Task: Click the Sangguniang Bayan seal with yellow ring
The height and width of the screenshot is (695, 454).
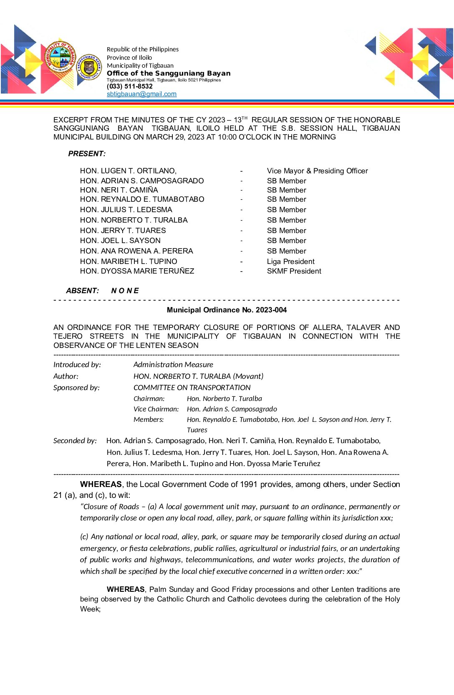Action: [89, 67]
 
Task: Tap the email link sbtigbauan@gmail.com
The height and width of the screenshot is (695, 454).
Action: [141, 94]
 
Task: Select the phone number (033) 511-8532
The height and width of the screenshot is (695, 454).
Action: [130, 86]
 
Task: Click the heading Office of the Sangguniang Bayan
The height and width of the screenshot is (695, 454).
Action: [169, 73]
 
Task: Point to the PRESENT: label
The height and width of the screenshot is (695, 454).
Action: [87, 154]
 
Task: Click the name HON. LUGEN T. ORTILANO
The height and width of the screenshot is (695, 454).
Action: [128, 171]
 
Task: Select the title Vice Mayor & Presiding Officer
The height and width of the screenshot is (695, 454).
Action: [317, 171]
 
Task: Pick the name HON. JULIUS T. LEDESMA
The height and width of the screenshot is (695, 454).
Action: [126, 210]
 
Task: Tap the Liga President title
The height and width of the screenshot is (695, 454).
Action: [290, 261]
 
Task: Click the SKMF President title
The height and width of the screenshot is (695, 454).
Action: [294, 271]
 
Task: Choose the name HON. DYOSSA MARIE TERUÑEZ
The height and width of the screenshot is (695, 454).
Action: [137, 271]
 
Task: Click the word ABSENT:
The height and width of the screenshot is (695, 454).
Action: [82, 291]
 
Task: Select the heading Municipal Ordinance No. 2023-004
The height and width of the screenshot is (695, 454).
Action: [227, 310]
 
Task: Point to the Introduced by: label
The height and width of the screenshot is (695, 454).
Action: [77, 365]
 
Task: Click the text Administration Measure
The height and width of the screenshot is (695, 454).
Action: [173, 365]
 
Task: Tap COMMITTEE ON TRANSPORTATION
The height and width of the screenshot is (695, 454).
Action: [192, 388]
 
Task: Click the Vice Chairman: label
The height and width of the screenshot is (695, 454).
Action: [156, 409]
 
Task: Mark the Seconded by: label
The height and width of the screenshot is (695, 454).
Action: [75, 441]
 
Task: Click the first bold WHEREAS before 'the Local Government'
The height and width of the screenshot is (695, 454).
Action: [101, 484]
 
